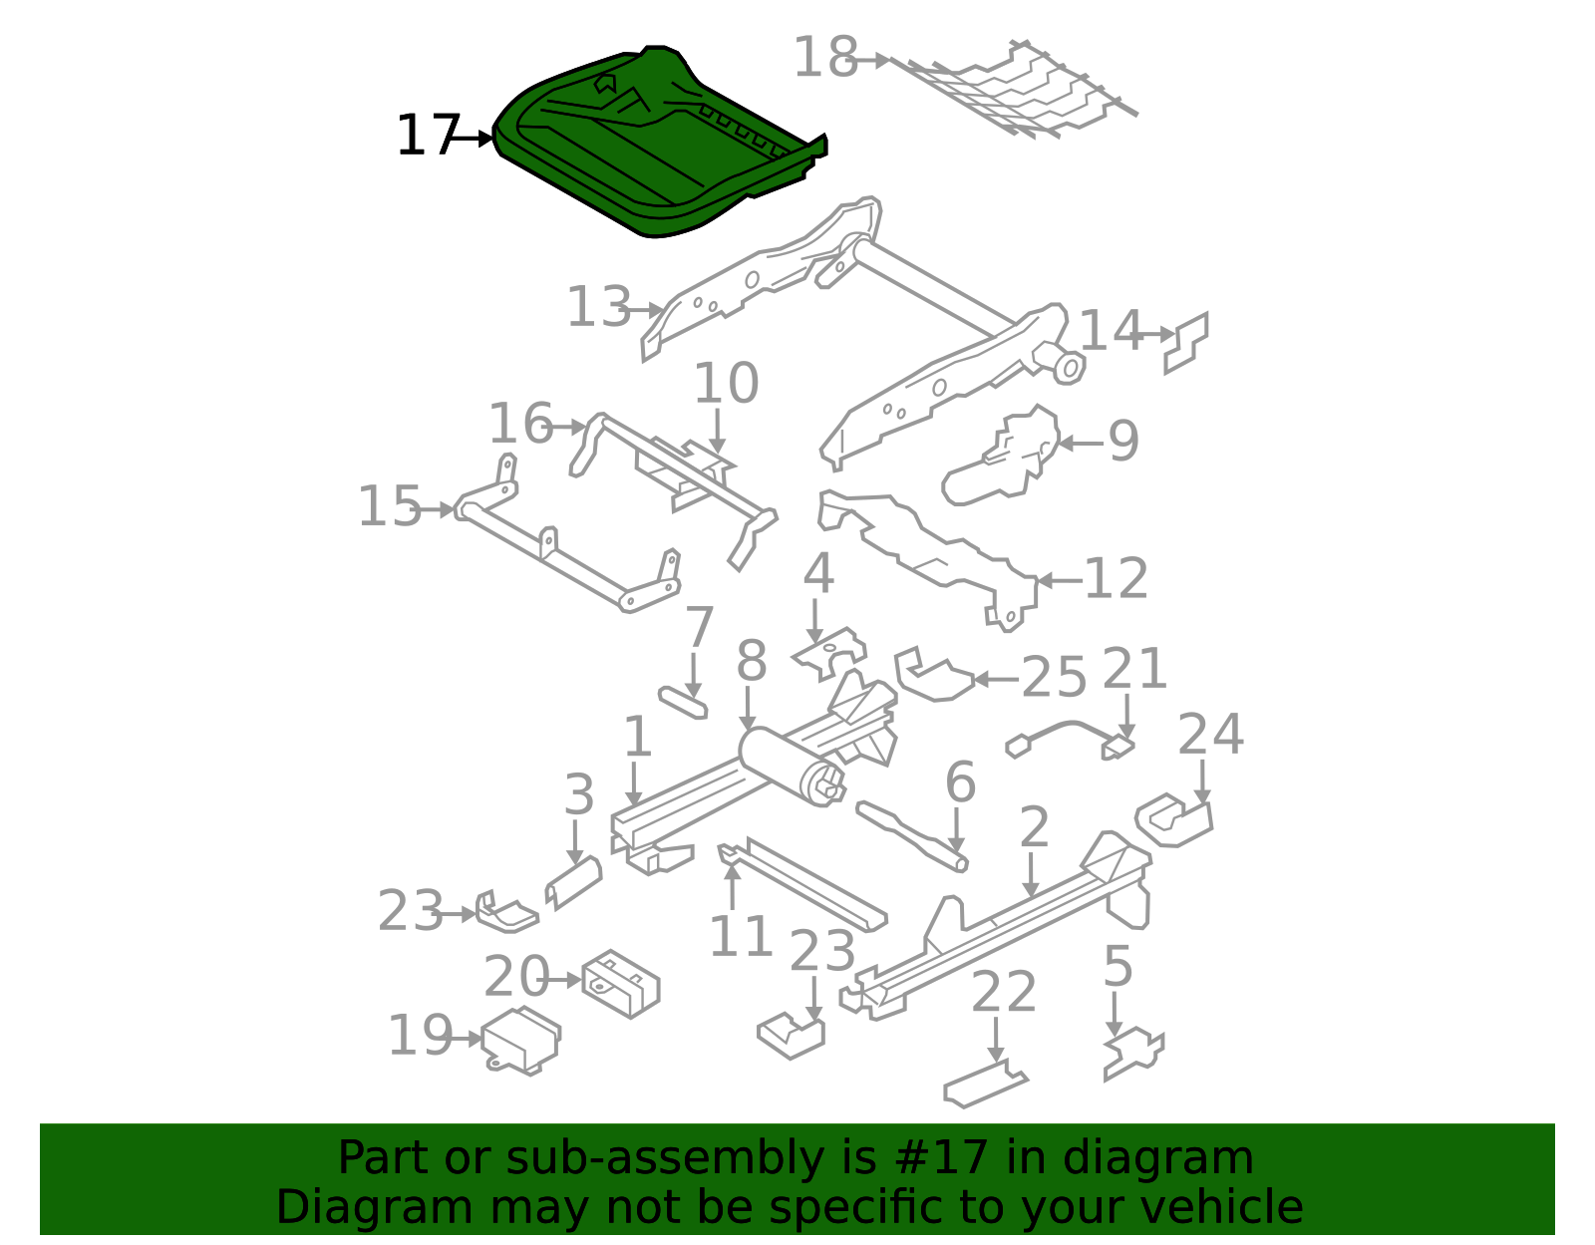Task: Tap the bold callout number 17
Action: [x=428, y=137]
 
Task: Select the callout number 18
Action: [x=825, y=57]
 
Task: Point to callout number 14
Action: [x=1112, y=331]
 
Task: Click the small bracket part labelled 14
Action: [x=1185, y=343]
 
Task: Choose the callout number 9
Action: [x=1123, y=441]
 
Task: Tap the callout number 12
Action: [x=1116, y=579]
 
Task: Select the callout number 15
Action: [x=390, y=507]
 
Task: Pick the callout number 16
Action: [x=520, y=424]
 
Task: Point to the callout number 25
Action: [x=1054, y=677]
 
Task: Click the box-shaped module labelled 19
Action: [x=521, y=1041]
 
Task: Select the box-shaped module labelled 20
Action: [x=621, y=984]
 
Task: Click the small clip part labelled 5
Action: [x=1134, y=1054]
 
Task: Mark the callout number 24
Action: [x=1210, y=735]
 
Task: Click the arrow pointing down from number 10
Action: [x=717, y=432]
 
